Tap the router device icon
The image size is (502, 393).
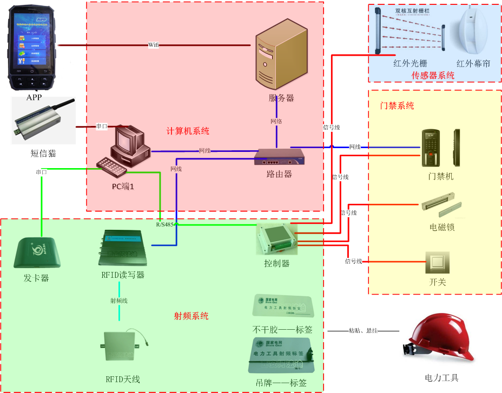279,158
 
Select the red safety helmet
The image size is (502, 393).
439,340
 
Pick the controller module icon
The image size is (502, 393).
277,237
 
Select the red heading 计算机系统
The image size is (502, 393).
188,131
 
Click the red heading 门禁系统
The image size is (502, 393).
397,105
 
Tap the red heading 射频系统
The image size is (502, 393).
191,316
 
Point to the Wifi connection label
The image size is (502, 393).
154,45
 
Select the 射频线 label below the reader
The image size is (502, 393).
119,301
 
